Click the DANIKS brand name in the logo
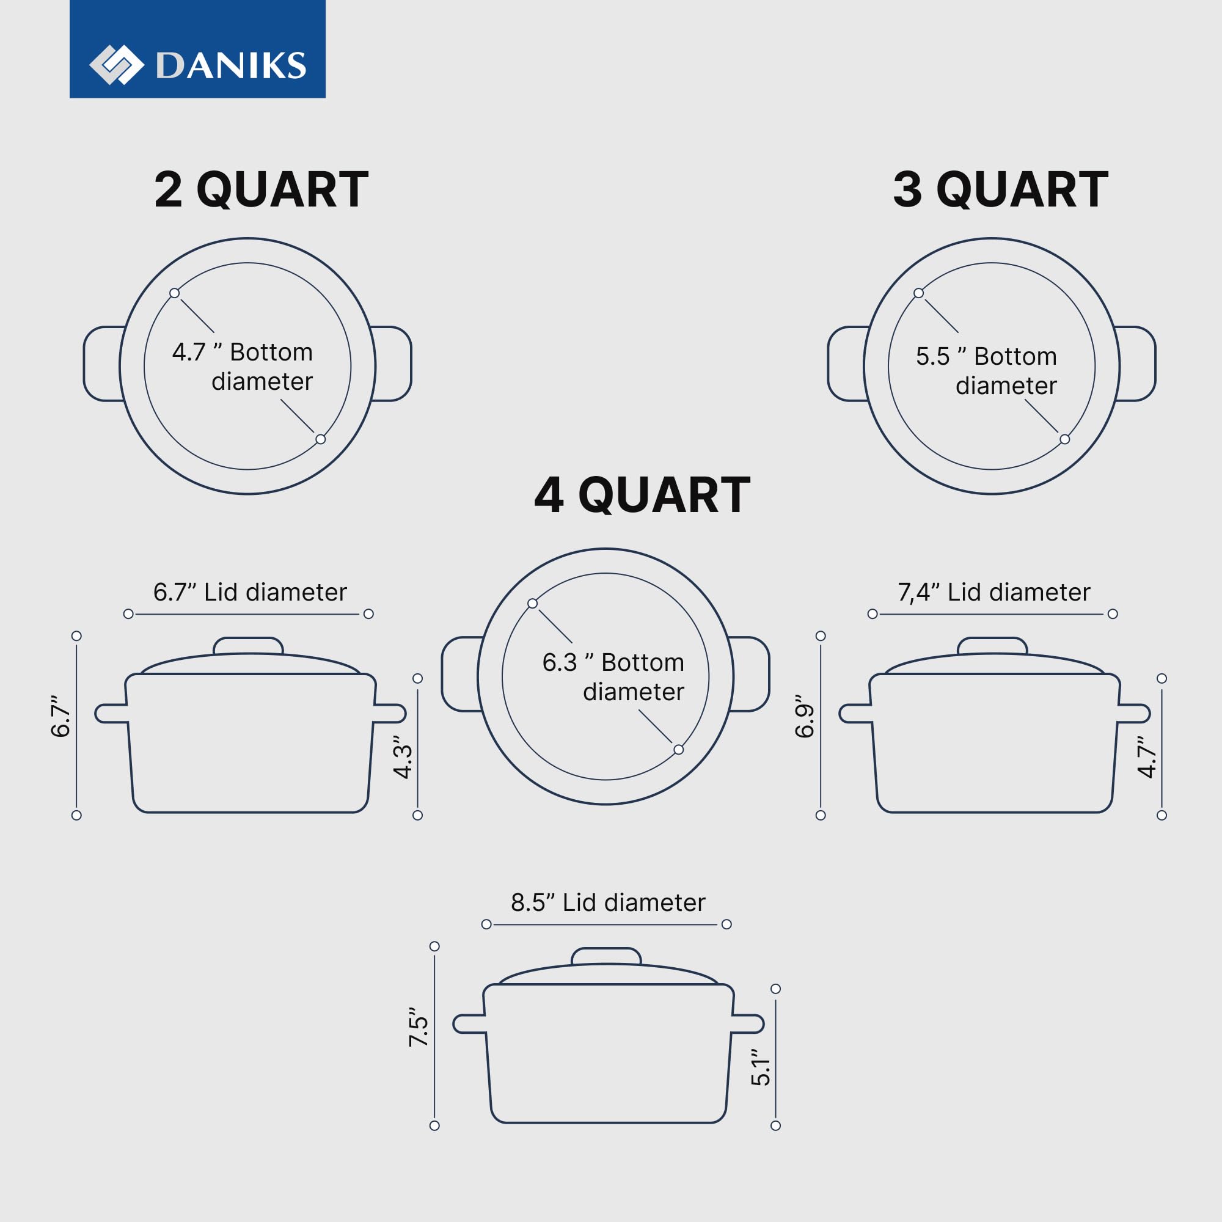[231, 65]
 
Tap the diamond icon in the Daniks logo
[116, 65]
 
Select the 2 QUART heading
[262, 189]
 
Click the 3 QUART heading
[1000, 189]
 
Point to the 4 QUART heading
[642, 495]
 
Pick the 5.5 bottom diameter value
[932, 357]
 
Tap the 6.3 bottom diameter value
[559, 662]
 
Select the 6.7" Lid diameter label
[250, 592]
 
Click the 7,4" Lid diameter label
[993, 592]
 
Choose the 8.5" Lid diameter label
[608, 902]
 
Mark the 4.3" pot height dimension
[403, 756]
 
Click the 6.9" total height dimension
[805, 716]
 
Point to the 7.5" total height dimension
[419, 1027]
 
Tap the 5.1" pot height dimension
[760, 1067]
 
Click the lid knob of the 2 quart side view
[248, 646]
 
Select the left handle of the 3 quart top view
[847, 364]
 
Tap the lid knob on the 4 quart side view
[606, 956]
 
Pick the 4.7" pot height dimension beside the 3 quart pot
[1147, 756]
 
